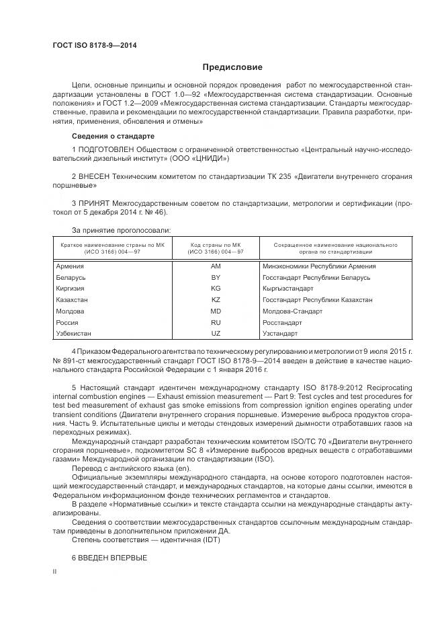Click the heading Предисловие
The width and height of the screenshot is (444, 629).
233,67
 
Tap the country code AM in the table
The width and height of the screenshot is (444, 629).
216,266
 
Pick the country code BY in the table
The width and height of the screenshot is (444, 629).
216,277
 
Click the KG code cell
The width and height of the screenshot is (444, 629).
216,289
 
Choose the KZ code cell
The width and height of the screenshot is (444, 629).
216,300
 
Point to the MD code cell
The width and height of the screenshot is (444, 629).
216,311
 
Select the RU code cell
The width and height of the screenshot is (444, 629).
216,322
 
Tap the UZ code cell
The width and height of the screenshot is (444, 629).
216,334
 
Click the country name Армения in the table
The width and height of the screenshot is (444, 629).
70,266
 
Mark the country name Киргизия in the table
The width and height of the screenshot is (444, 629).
71,289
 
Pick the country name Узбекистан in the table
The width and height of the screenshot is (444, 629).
74,334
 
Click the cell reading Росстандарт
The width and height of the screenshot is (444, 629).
281,322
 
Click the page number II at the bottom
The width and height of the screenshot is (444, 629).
55,571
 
